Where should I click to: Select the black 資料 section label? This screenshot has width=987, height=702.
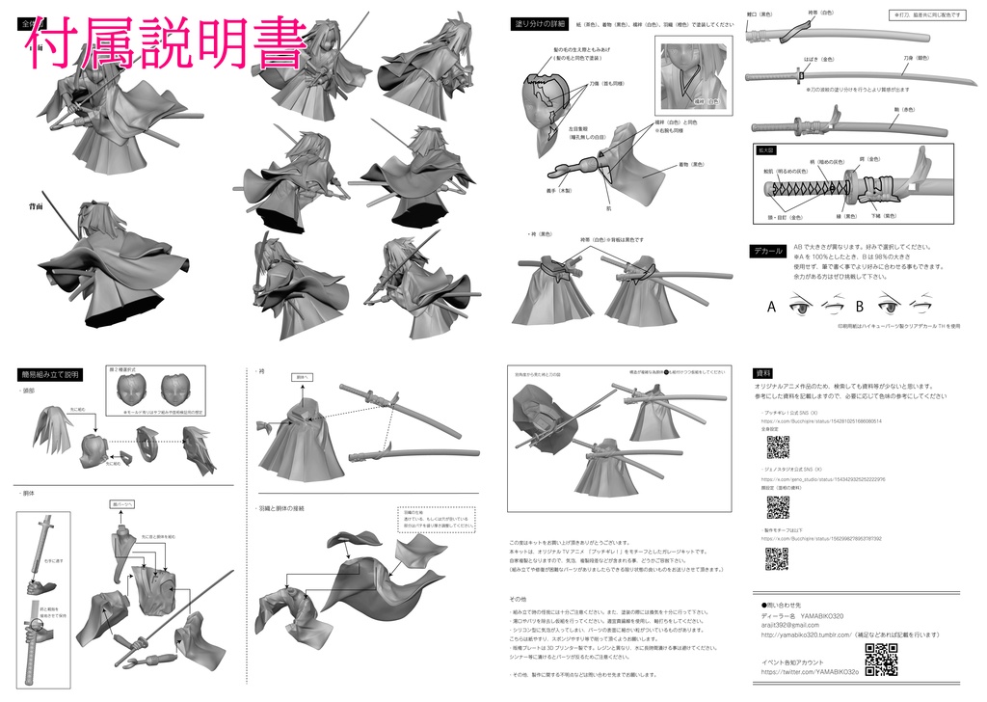point(764,372)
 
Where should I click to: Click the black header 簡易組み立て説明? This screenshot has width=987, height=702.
point(49,374)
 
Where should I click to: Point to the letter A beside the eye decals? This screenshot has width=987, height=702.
point(772,309)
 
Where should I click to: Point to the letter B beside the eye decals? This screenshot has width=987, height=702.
point(859,309)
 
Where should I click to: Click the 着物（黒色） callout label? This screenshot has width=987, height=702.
point(692,164)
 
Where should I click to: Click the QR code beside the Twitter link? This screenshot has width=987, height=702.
point(881,662)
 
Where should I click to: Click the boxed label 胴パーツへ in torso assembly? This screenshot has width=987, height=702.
point(123,503)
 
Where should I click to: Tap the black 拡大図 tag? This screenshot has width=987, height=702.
point(768,150)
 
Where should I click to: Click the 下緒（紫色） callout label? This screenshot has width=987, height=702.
point(883,215)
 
